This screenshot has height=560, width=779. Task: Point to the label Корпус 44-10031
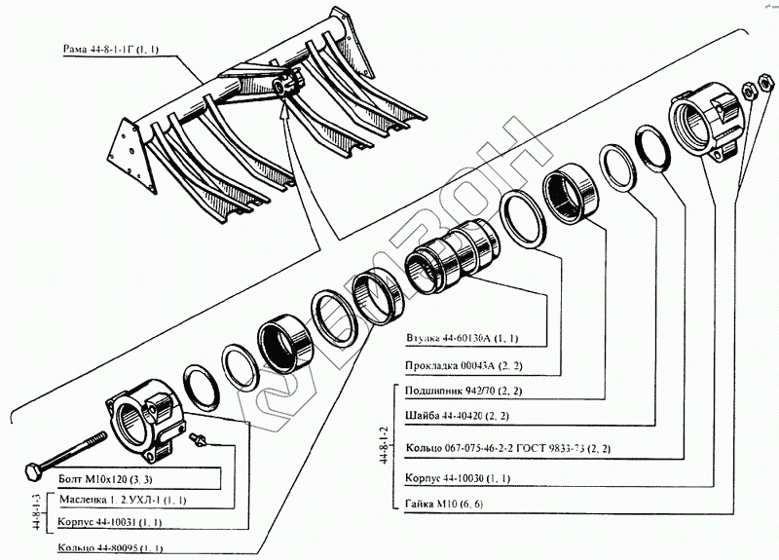94,523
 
